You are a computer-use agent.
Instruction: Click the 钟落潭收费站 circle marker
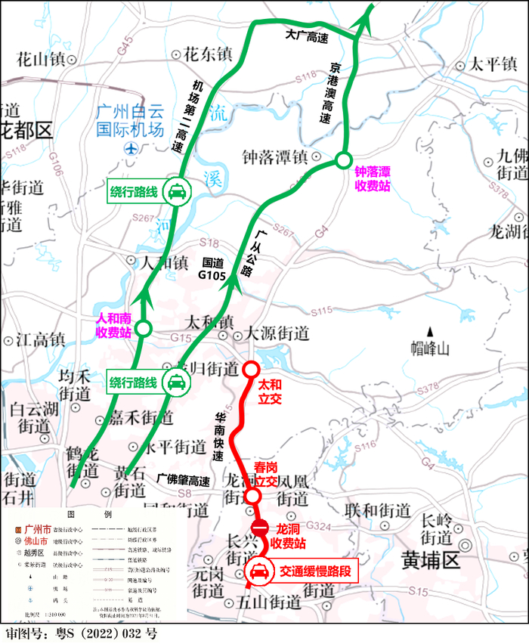coord(343,159)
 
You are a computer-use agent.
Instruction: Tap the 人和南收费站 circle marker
coord(144,328)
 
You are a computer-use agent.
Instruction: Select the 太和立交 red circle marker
coord(251,370)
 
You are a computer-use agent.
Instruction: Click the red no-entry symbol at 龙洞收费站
coord(258,527)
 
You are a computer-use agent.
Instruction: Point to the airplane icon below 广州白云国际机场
coord(132,149)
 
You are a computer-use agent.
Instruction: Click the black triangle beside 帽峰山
coord(430,331)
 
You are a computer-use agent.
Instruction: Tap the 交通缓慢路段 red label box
coord(302,571)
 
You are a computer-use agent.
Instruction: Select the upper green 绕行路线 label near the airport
coord(148,193)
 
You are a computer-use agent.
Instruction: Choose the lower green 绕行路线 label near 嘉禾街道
coord(148,382)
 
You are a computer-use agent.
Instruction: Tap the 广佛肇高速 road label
coord(184,479)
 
